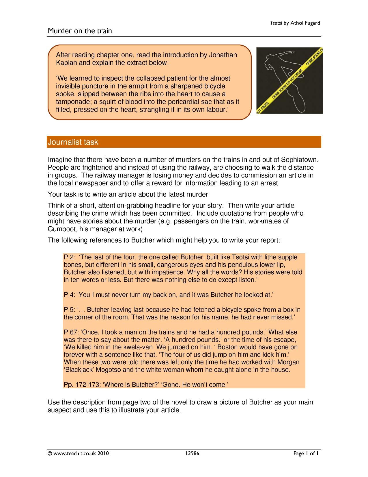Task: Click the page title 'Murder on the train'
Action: tap(80, 31)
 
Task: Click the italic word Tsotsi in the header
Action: tap(276, 23)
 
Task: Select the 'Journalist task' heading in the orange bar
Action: tap(73, 142)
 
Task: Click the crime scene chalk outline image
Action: tap(289, 81)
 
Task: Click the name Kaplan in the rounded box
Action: tap(66, 63)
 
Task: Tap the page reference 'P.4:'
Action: tap(70, 295)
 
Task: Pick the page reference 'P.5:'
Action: tap(70, 310)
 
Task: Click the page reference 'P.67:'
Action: tap(72, 332)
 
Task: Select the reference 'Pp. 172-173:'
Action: tap(82, 384)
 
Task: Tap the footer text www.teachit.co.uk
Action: tap(74, 454)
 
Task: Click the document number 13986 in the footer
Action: tap(192, 454)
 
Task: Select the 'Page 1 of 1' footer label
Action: tap(306, 454)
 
